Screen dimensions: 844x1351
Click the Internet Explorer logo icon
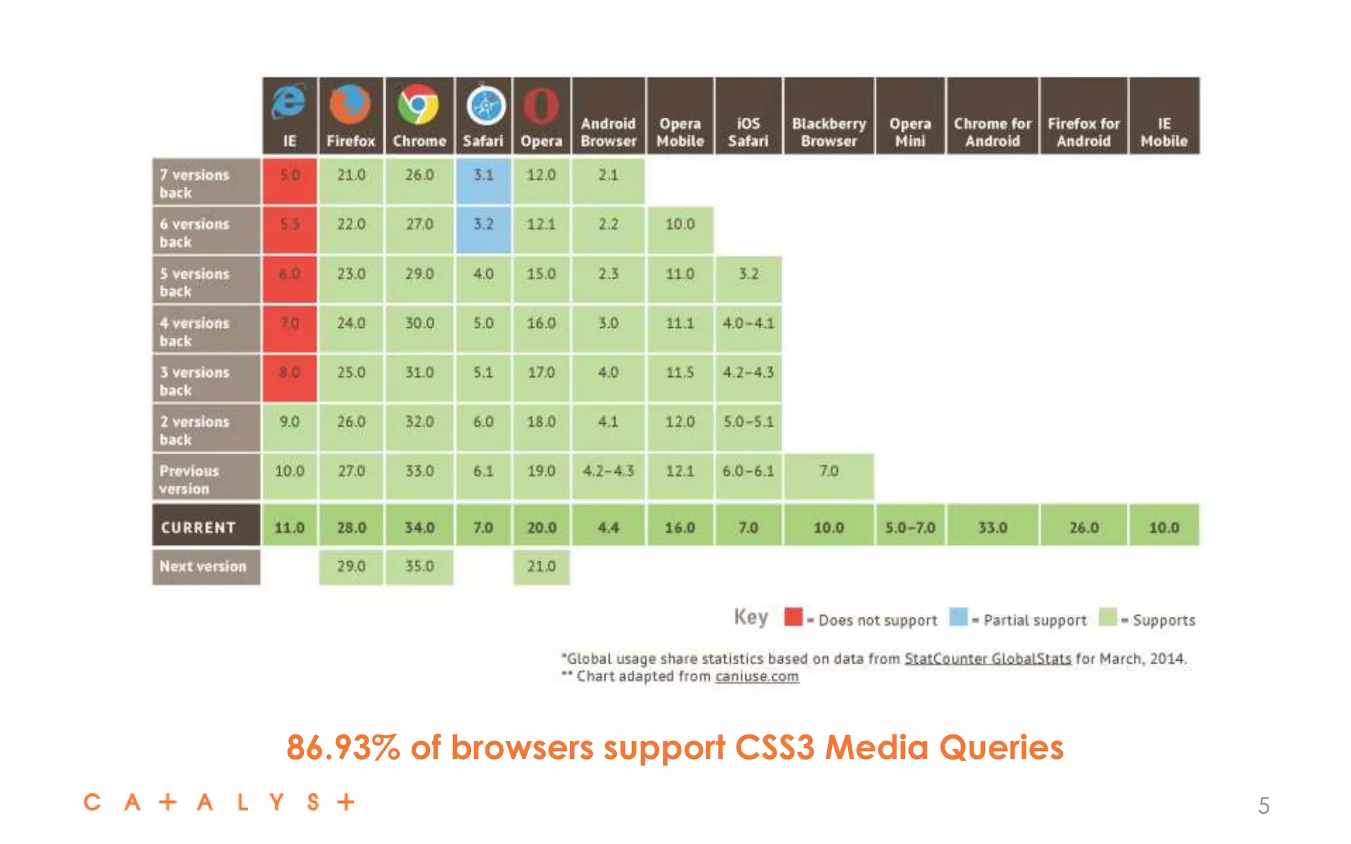tap(289, 102)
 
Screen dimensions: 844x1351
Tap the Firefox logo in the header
tap(350, 104)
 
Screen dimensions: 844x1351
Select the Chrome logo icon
tap(418, 104)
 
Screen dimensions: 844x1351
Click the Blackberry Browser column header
tap(829, 132)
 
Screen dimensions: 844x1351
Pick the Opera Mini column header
tap(910, 132)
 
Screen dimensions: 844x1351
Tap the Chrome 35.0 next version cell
tap(420, 566)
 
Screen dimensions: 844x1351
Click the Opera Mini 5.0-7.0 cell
tap(910, 527)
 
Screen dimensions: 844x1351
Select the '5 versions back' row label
tap(206, 282)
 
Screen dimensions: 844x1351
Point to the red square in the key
tap(793, 617)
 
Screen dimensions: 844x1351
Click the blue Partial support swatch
tap(958, 617)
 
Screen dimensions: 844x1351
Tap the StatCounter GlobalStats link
tap(987, 658)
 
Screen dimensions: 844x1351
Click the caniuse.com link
tap(757, 677)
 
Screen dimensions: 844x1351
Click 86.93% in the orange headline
tap(343, 748)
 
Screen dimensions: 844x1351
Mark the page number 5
tap(1263, 806)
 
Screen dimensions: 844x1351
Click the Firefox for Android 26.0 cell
tap(1083, 527)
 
